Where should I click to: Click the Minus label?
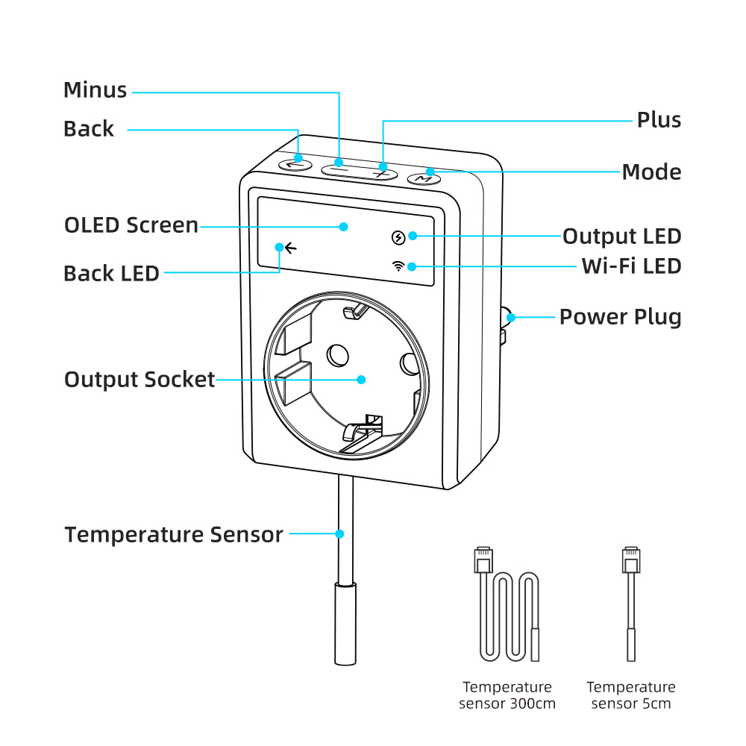point(95,90)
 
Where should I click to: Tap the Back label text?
point(89,129)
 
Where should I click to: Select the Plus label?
point(659,120)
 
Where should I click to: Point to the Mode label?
point(651,172)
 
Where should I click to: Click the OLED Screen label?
point(131,225)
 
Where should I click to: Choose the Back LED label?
point(111,274)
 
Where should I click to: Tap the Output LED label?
point(621,236)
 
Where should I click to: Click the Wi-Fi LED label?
point(631,266)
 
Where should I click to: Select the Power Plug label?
point(620,317)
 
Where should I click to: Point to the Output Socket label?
point(140,380)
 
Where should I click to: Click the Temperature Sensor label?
point(173,535)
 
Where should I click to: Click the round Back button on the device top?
point(294,163)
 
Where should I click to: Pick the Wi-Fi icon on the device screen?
point(399,266)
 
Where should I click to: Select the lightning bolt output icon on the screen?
point(399,238)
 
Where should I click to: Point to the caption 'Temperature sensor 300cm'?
point(507,695)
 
